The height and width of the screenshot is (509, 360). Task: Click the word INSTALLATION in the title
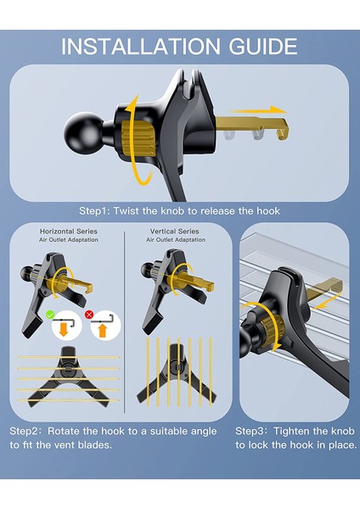(140, 47)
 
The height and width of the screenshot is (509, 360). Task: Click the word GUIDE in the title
(263, 47)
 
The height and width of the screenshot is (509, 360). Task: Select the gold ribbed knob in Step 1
(138, 137)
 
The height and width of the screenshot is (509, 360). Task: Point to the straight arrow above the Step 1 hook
(259, 109)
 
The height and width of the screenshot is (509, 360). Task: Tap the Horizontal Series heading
(69, 232)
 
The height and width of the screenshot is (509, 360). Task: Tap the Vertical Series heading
(174, 232)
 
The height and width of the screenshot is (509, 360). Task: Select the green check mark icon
(50, 315)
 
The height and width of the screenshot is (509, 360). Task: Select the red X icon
(89, 315)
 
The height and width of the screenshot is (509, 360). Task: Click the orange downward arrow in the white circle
(64, 330)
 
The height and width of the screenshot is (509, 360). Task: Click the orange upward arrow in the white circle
(103, 331)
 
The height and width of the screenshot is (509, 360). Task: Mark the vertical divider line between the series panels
(125, 322)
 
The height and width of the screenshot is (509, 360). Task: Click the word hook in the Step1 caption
(268, 211)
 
